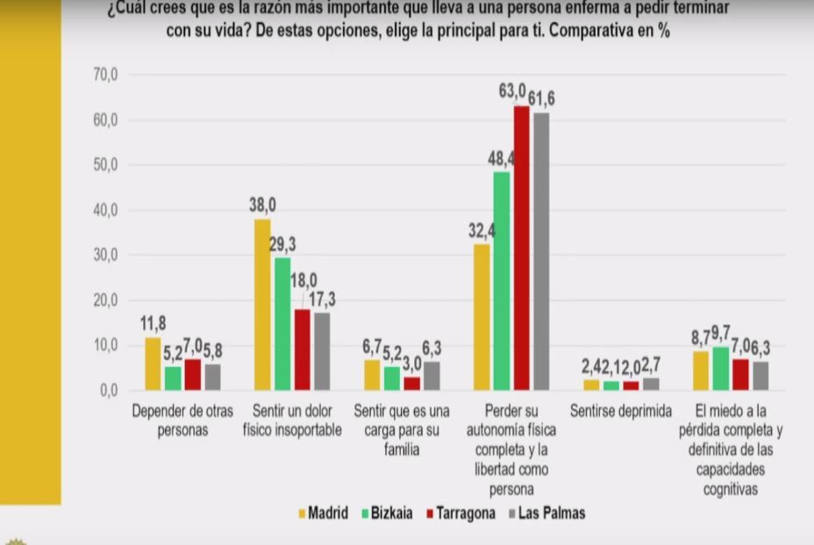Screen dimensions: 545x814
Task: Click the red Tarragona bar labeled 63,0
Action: coord(521,248)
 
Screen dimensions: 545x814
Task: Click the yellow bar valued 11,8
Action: coord(153,363)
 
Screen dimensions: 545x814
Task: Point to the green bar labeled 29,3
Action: coord(282,324)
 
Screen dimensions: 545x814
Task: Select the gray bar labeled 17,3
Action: coord(321,351)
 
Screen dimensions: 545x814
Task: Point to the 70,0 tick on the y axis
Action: coord(105,75)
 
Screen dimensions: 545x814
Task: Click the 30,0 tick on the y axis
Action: coord(105,255)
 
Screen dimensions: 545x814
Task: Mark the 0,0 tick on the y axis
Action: coord(109,391)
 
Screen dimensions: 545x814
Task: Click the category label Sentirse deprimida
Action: coord(620,410)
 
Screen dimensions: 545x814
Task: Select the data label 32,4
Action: coord(482,231)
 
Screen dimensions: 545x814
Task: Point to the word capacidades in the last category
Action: coord(730,472)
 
